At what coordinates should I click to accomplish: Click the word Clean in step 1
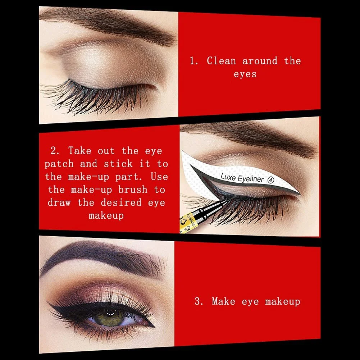pyautogui.click(x=221, y=61)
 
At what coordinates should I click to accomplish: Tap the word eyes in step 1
pyautogui.click(x=245, y=74)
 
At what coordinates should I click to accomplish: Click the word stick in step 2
pyautogui.click(x=118, y=164)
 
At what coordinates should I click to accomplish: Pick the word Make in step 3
pyautogui.click(x=224, y=301)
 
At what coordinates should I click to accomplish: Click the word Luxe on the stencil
pyautogui.click(x=228, y=177)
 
